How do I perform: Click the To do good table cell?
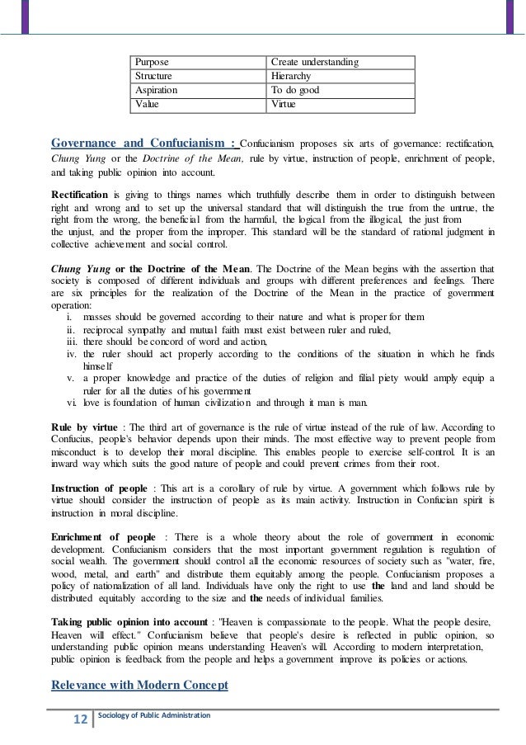(x=295, y=91)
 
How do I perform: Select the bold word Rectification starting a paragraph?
(x=80, y=192)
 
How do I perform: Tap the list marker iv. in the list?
(x=71, y=352)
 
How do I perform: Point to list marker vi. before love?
(x=71, y=403)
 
